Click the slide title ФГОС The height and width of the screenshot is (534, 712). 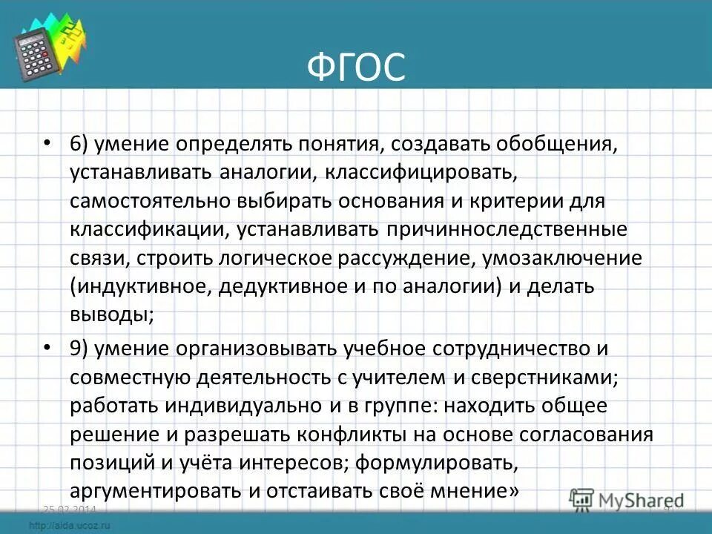tap(356, 68)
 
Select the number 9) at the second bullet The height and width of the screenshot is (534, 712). tap(82, 349)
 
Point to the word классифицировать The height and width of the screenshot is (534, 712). tap(420, 173)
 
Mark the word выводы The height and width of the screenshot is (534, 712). tap(111, 314)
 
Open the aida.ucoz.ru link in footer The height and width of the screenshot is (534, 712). tap(70, 525)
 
